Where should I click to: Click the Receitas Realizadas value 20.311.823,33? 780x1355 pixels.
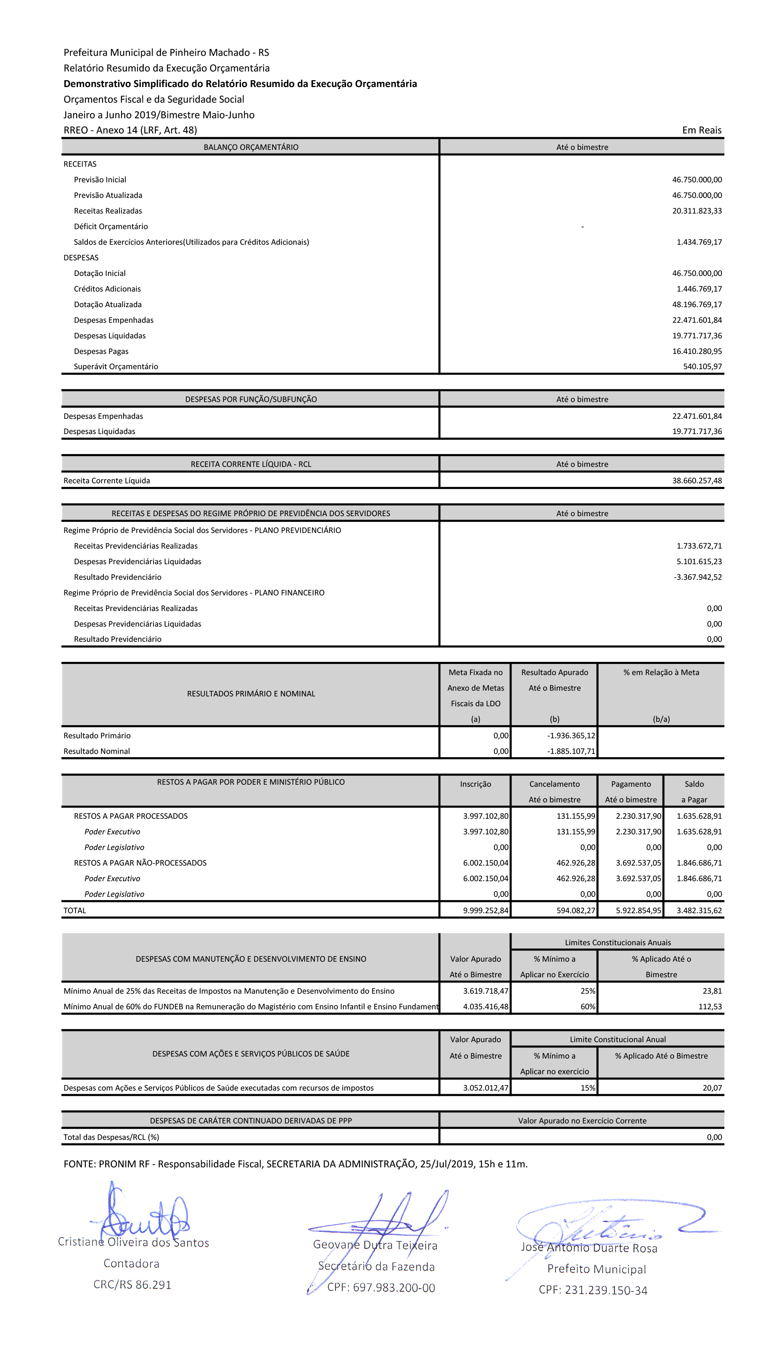point(696,211)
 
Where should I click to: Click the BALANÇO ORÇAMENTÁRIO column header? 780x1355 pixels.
point(251,147)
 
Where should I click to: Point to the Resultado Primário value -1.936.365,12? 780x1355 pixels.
point(571,736)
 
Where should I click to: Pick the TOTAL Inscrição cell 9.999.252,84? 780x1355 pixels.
point(485,911)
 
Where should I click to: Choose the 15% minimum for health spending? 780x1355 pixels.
point(588,1088)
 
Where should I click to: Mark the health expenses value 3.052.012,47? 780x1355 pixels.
point(485,1088)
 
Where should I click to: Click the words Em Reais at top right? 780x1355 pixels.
point(701,130)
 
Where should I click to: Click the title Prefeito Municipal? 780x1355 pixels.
point(596,1269)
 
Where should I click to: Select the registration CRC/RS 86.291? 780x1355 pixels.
point(132,1285)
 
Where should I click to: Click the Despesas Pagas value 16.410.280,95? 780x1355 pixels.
point(696,351)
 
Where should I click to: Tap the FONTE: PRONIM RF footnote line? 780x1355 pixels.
point(295,1164)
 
